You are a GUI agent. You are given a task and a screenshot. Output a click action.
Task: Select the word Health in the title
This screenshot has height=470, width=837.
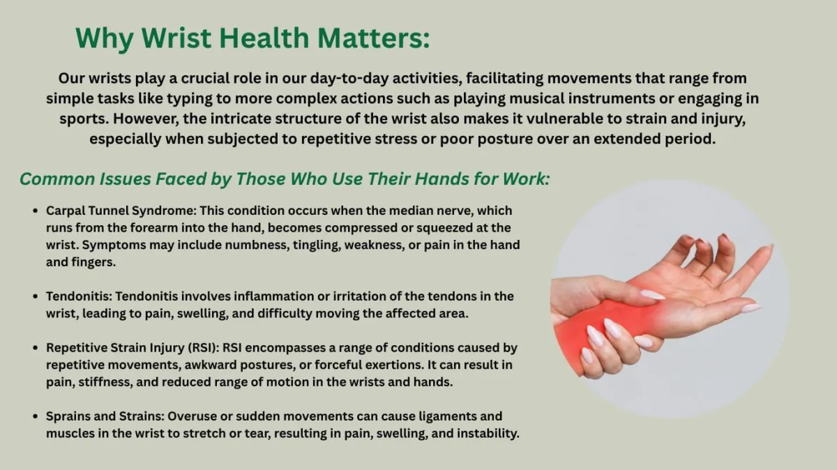pos(264,38)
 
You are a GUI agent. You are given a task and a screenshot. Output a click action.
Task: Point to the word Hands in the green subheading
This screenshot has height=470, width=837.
pos(442,179)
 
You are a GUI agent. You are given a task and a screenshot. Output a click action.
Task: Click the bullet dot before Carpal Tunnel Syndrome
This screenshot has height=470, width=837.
pos(36,211)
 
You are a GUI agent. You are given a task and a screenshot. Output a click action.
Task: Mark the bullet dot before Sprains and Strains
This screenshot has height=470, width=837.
pos(36,416)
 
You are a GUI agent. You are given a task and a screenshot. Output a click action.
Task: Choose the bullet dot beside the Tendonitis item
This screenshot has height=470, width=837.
pos(36,296)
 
